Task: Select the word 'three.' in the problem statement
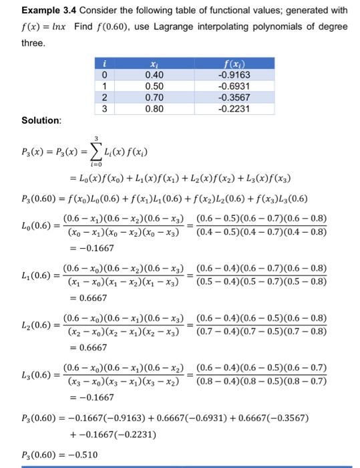tap(33, 43)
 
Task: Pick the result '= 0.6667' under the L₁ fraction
tap(83, 298)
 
